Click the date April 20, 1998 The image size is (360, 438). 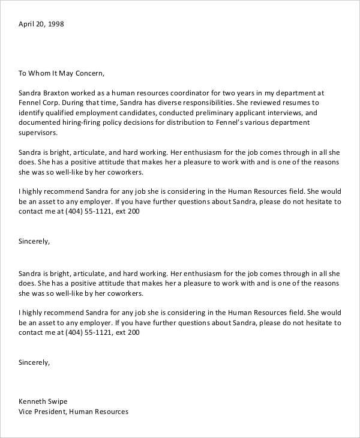pyautogui.click(x=41, y=25)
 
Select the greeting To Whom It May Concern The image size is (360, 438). pyautogui.click(x=62, y=74)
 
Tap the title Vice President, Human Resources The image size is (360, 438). pyautogui.click(x=73, y=412)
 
